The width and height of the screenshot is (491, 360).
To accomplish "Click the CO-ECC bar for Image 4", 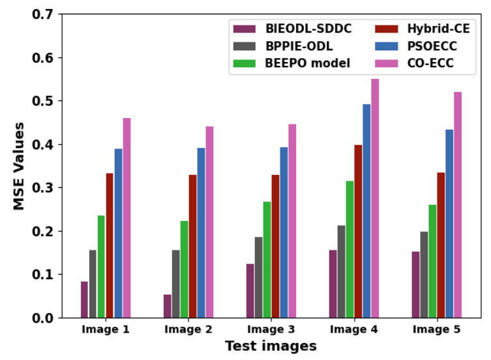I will pos(375,198).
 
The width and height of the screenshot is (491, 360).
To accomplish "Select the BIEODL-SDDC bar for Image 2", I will pos(168,306).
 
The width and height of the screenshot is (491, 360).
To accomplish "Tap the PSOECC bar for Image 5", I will pos(449,223).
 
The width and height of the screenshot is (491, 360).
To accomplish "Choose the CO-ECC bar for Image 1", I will pos(126,218).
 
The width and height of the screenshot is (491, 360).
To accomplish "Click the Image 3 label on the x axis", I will pos(271,330).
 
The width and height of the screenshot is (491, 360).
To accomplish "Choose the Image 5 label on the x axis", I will pos(436,330).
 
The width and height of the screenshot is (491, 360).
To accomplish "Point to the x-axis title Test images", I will pos(271,346).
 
